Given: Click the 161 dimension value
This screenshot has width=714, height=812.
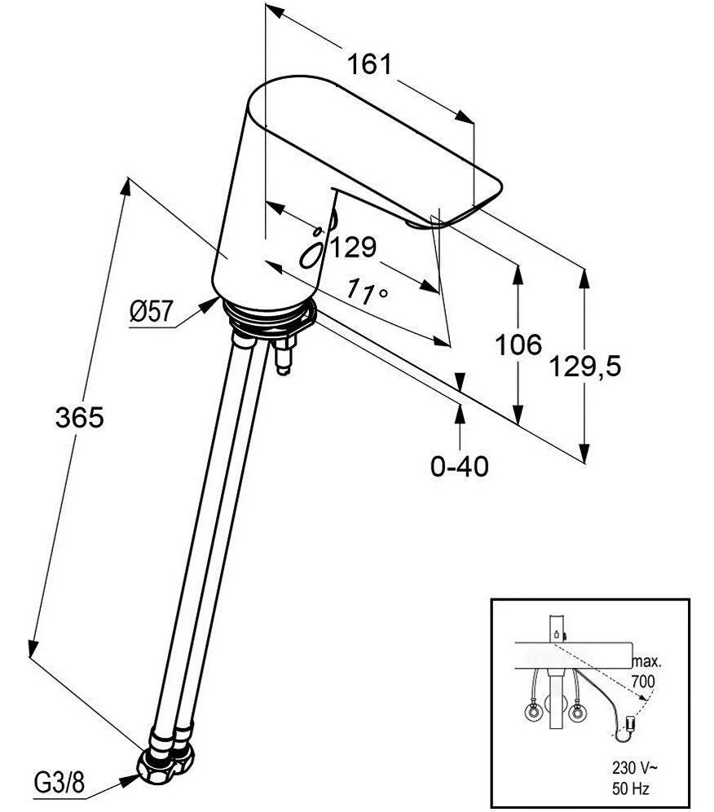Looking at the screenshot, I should pos(371,64).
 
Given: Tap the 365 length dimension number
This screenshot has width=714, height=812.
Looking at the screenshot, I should pos(80,418).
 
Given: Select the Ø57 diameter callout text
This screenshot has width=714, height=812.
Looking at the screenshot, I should pos(151,310).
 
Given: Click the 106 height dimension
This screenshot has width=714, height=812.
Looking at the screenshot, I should pos(518,345).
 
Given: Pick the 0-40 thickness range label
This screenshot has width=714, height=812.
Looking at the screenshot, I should pos(460,467).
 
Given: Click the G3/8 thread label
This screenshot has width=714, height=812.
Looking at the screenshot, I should pos(59,783).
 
